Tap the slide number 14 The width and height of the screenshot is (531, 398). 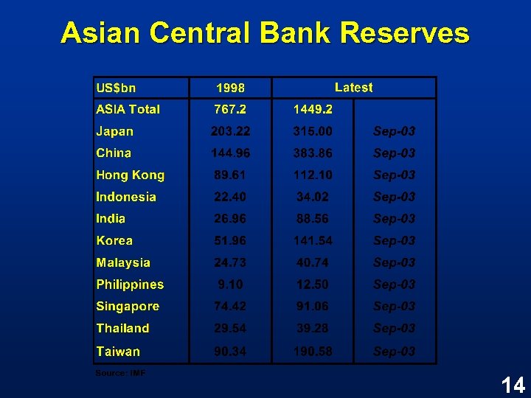pyautogui.click(x=512, y=384)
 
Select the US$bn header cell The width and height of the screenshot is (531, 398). pyautogui.click(x=117, y=88)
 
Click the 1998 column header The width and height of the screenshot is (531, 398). pyautogui.click(x=230, y=88)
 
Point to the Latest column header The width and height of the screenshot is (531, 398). pyautogui.click(x=353, y=88)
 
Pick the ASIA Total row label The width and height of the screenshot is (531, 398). pyautogui.click(x=128, y=109)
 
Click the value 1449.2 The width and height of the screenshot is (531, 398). pyautogui.click(x=313, y=110)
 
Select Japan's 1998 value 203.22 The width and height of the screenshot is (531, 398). pyautogui.click(x=230, y=131)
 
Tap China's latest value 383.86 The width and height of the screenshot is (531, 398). pyautogui.click(x=313, y=153)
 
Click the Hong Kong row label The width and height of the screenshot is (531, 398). pyautogui.click(x=130, y=175)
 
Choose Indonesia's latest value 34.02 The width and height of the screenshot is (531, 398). pyautogui.click(x=313, y=197)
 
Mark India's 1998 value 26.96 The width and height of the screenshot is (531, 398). pyautogui.click(x=230, y=219)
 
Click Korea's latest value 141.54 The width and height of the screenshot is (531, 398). pyautogui.click(x=313, y=241)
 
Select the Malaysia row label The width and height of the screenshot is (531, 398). pyautogui.click(x=123, y=262)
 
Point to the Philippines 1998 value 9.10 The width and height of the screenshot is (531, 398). pyautogui.click(x=230, y=284)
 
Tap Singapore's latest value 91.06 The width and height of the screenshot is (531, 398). pyautogui.click(x=313, y=307)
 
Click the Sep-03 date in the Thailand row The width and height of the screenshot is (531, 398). pyautogui.click(x=394, y=329)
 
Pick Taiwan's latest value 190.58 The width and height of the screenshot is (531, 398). pyautogui.click(x=313, y=352)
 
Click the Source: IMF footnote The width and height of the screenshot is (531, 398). pyautogui.click(x=120, y=373)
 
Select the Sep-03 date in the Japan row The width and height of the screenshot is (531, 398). pyautogui.click(x=394, y=131)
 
